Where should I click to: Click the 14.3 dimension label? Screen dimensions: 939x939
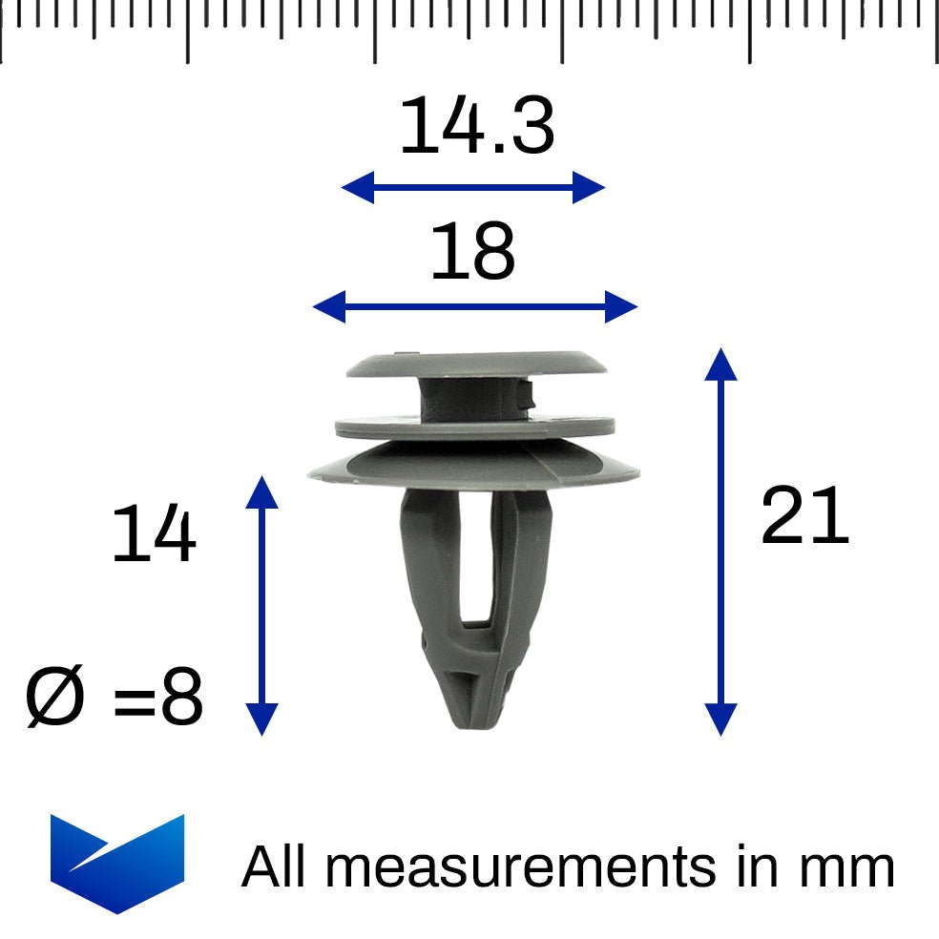pos(477,125)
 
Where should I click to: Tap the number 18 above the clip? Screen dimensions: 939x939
pos(472,251)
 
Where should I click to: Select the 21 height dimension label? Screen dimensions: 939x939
pos(804,515)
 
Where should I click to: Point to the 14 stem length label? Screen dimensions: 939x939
pos(154,532)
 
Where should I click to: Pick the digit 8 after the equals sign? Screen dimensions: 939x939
pos(182,696)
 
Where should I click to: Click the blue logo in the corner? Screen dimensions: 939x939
pos(117,863)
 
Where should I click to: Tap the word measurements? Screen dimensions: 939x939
pos(520,867)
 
